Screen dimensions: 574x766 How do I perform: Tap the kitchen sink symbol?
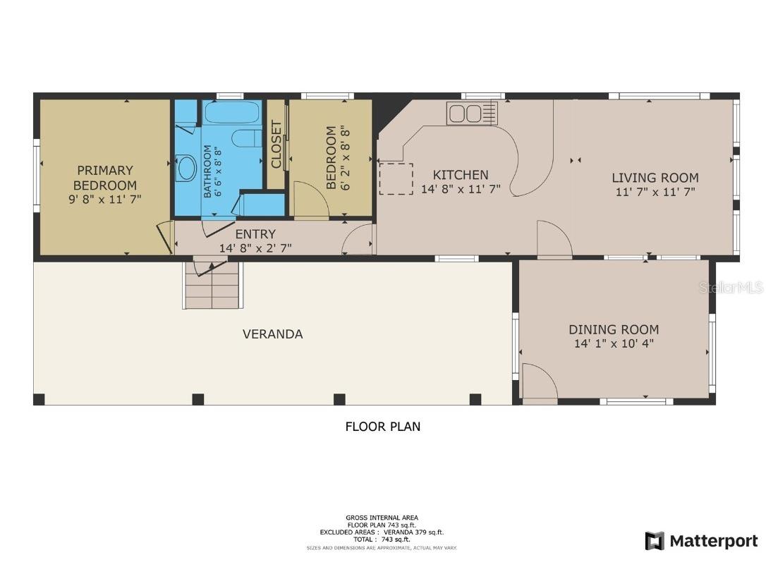[x=472, y=113]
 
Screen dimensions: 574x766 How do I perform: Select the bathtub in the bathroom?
[x=232, y=113]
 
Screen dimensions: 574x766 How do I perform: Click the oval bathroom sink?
[x=187, y=169]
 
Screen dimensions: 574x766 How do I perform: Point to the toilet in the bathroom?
[x=247, y=138]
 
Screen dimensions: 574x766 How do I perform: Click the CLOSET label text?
[x=276, y=145]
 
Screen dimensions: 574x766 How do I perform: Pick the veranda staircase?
[x=212, y=286]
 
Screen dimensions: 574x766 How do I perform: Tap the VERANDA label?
[x=272, y=334]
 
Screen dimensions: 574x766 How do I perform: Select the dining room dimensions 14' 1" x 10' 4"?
[x=614, y=344]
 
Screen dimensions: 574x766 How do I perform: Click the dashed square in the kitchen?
[x=396, y=179]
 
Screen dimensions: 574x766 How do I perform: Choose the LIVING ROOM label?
[x=655, y=178]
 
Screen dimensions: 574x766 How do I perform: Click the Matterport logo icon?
[x=655, y=541]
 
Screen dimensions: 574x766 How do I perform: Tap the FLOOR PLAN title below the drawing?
[x=382, y=427]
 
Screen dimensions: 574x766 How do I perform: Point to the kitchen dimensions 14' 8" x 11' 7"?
[x=461, y=190]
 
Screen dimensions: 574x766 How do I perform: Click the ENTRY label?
[x=255, y=234]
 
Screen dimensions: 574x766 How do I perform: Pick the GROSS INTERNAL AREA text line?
[x=382, y=518]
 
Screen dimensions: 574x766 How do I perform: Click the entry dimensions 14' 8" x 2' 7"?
[x=255, y=248]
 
